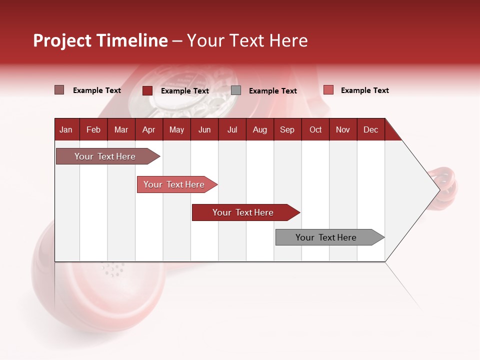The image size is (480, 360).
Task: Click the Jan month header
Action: (x=66, y=130)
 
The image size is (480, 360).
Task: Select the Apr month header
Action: (x=148, y=130)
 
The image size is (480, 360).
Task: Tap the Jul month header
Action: (x=232, y=130)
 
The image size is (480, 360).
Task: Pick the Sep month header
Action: (x=287, y=130)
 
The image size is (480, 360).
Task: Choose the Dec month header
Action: (x=370, y=130)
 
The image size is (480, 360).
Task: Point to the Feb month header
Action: (x=93, y=130)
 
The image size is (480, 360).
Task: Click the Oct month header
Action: (x=315, y=130)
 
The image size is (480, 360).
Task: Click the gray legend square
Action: (x=236, y=90)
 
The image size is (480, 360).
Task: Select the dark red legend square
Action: (x=147, y=90)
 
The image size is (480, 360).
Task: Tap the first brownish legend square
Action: (x=59, y=90)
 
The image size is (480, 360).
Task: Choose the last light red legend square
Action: (x=328, y=90)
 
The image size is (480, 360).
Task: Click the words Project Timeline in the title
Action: (x=100, y=40)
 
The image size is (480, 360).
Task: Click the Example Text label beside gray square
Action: (x=272, y=91)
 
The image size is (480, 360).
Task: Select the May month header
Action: (x=176, y=130)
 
